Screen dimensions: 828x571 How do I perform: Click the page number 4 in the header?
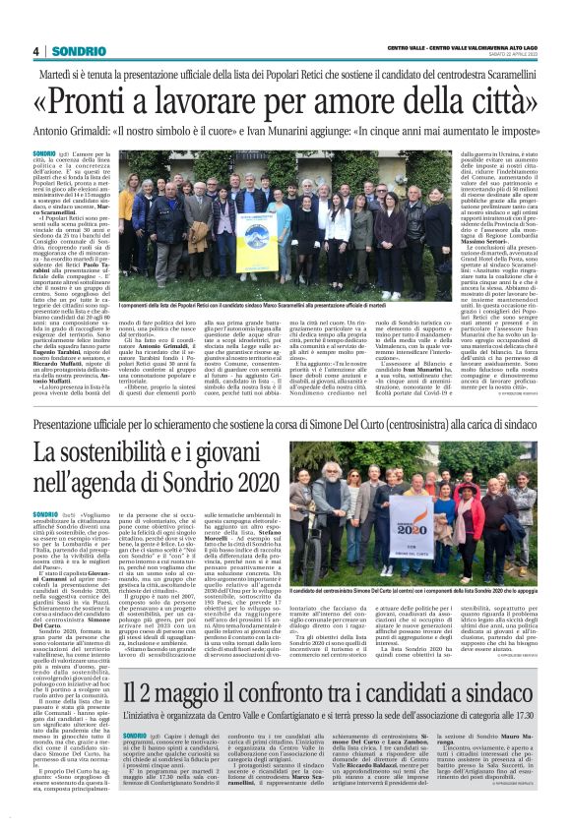pyautogui.click(x=34, y=50)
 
